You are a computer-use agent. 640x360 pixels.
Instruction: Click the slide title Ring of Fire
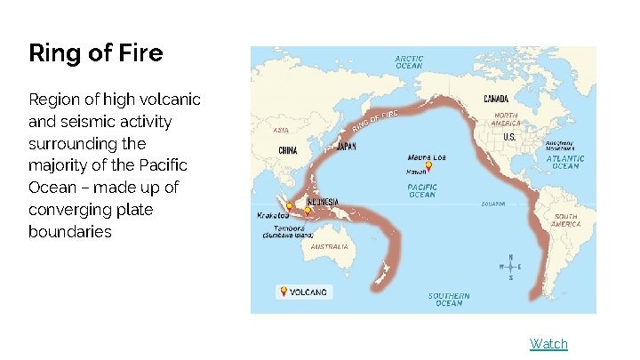[96, 53]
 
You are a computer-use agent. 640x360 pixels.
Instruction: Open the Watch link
[548, 344]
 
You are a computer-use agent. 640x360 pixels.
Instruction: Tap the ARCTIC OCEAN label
[409, 62]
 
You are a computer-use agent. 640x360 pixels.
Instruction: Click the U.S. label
[510, 138]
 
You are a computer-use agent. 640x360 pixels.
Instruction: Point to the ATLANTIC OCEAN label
[565, 162]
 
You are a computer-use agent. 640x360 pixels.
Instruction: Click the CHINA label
[287, 150]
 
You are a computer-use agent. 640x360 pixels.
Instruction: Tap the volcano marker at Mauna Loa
[428, 165]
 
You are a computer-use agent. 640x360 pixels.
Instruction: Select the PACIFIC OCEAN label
[421, 191]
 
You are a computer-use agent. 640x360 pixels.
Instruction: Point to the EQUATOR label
[493, 204]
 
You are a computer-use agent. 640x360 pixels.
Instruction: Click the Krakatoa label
[271, 215]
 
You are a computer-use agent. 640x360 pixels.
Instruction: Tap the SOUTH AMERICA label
[565, 220]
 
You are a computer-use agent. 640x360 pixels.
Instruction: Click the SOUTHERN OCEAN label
[449, 300]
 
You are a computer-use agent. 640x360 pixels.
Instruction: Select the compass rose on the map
[510, 268]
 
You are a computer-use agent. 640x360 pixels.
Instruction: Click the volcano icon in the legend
[284, 292]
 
